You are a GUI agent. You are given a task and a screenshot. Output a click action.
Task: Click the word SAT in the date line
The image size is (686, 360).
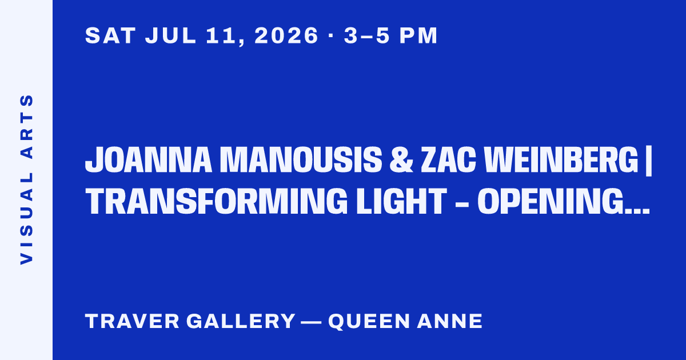110,35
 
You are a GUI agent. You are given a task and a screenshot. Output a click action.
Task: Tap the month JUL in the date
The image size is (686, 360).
170,35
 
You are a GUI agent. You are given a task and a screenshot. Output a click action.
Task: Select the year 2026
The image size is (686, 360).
286,35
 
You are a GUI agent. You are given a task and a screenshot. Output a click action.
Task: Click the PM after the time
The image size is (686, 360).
418,35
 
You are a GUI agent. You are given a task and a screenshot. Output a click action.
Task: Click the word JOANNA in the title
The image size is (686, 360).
149,160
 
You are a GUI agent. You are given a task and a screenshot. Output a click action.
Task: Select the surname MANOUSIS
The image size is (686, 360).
301,160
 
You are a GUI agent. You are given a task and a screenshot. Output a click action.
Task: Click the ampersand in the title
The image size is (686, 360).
401,160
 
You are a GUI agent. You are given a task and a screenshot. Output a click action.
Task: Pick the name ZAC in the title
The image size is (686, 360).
448,160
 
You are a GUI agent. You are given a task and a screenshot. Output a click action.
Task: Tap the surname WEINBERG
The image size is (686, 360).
561,160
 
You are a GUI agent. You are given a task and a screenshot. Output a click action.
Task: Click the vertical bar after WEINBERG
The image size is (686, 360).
648,161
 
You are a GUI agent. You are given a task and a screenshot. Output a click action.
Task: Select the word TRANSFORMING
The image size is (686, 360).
217,201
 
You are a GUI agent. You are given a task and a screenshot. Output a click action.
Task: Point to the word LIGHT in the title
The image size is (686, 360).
401,201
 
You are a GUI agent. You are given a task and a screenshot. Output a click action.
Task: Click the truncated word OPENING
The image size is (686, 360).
564,201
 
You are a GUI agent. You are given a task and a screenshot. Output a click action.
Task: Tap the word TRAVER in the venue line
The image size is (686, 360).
132,321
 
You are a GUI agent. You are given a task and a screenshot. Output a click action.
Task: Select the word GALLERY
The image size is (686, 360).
241,321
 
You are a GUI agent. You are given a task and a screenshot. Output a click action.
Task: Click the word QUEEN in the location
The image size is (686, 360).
369,321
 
